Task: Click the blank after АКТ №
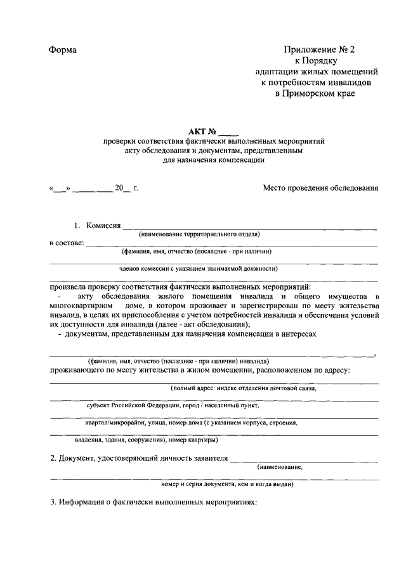229,133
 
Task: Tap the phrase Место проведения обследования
320,188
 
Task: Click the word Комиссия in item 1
103,225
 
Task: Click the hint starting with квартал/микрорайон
191,422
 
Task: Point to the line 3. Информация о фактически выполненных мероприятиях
154,502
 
